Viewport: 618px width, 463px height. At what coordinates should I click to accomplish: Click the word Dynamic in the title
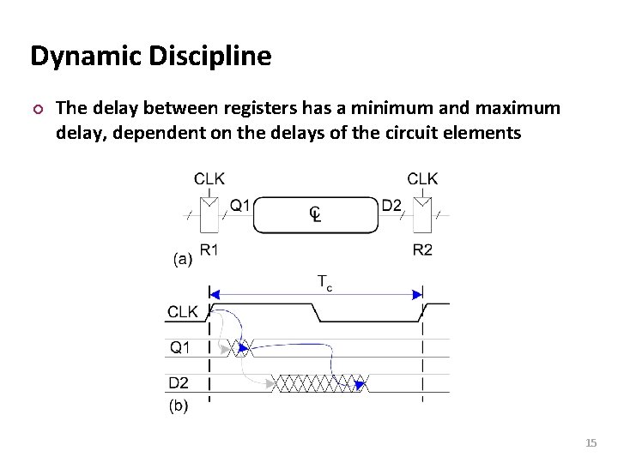tap(78, 57)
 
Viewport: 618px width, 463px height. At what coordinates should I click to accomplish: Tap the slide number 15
tap(590, 443)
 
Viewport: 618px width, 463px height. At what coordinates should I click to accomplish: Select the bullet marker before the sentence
tap(36, 109)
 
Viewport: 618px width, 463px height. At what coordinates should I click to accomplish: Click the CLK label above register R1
tap(209, 178)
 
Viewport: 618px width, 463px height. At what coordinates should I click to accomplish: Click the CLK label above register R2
tap(422, 178)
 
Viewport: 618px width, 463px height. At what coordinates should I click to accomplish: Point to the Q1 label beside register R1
tap(240, 206)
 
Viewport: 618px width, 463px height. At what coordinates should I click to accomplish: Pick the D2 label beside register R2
tap(391, 206)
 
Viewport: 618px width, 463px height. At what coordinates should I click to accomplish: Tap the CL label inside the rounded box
tap(315, 213)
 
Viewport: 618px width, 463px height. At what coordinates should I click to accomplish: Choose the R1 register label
tap(209, 250)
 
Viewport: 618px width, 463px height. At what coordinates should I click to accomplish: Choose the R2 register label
tap(422, 250)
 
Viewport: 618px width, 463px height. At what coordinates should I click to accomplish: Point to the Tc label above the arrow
tap(324, 281)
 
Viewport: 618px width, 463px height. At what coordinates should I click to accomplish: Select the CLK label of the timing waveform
tap(184, 312)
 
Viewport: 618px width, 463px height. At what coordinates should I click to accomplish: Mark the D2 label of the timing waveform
tap(179, 382)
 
